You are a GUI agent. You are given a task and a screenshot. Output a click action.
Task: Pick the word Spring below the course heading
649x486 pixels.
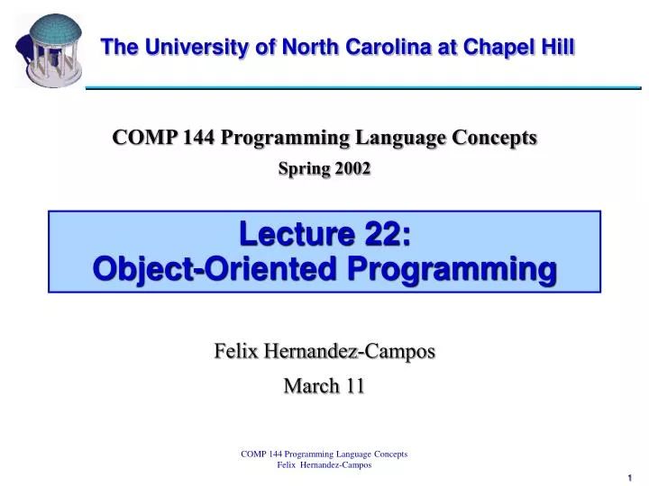tap(304, 168)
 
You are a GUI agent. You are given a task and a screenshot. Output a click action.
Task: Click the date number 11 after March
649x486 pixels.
tap(355, 386)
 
